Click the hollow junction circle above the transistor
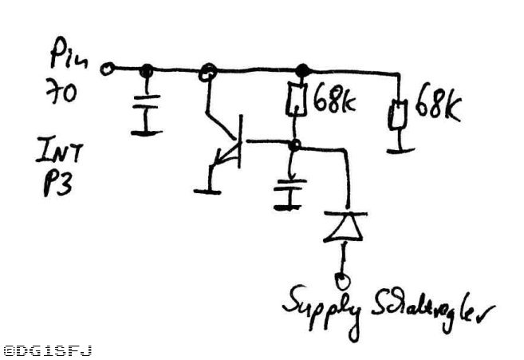[208, 71]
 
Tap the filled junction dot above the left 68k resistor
[301, 70]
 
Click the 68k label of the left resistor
[334, 101]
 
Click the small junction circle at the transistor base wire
[294, 145]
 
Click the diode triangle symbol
[342, 228]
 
